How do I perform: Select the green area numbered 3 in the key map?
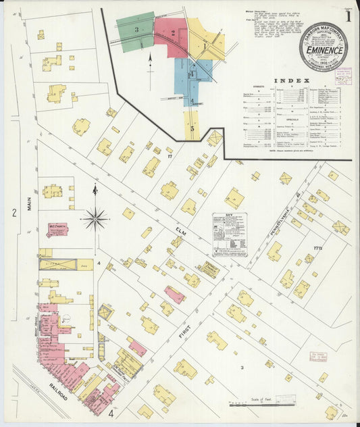click(x=136, y=30)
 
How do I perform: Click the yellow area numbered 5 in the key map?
click(x=192, y=126)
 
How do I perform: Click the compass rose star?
click(x=95, y=218)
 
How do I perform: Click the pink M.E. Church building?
click(x=57, y=230)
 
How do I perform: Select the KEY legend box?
click(x=230, y=234)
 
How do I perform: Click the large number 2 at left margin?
click(x=13, y=214)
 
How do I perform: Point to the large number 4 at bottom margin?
click(x=110, y=411)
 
